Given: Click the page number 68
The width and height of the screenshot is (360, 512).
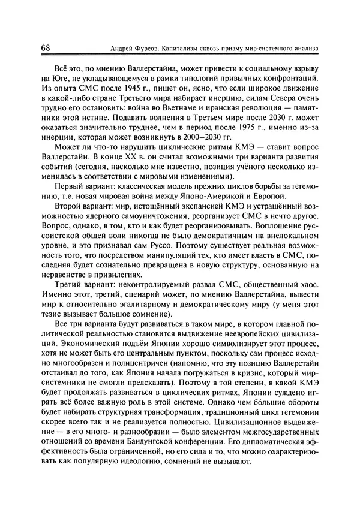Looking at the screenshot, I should (x=46, y=47).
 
